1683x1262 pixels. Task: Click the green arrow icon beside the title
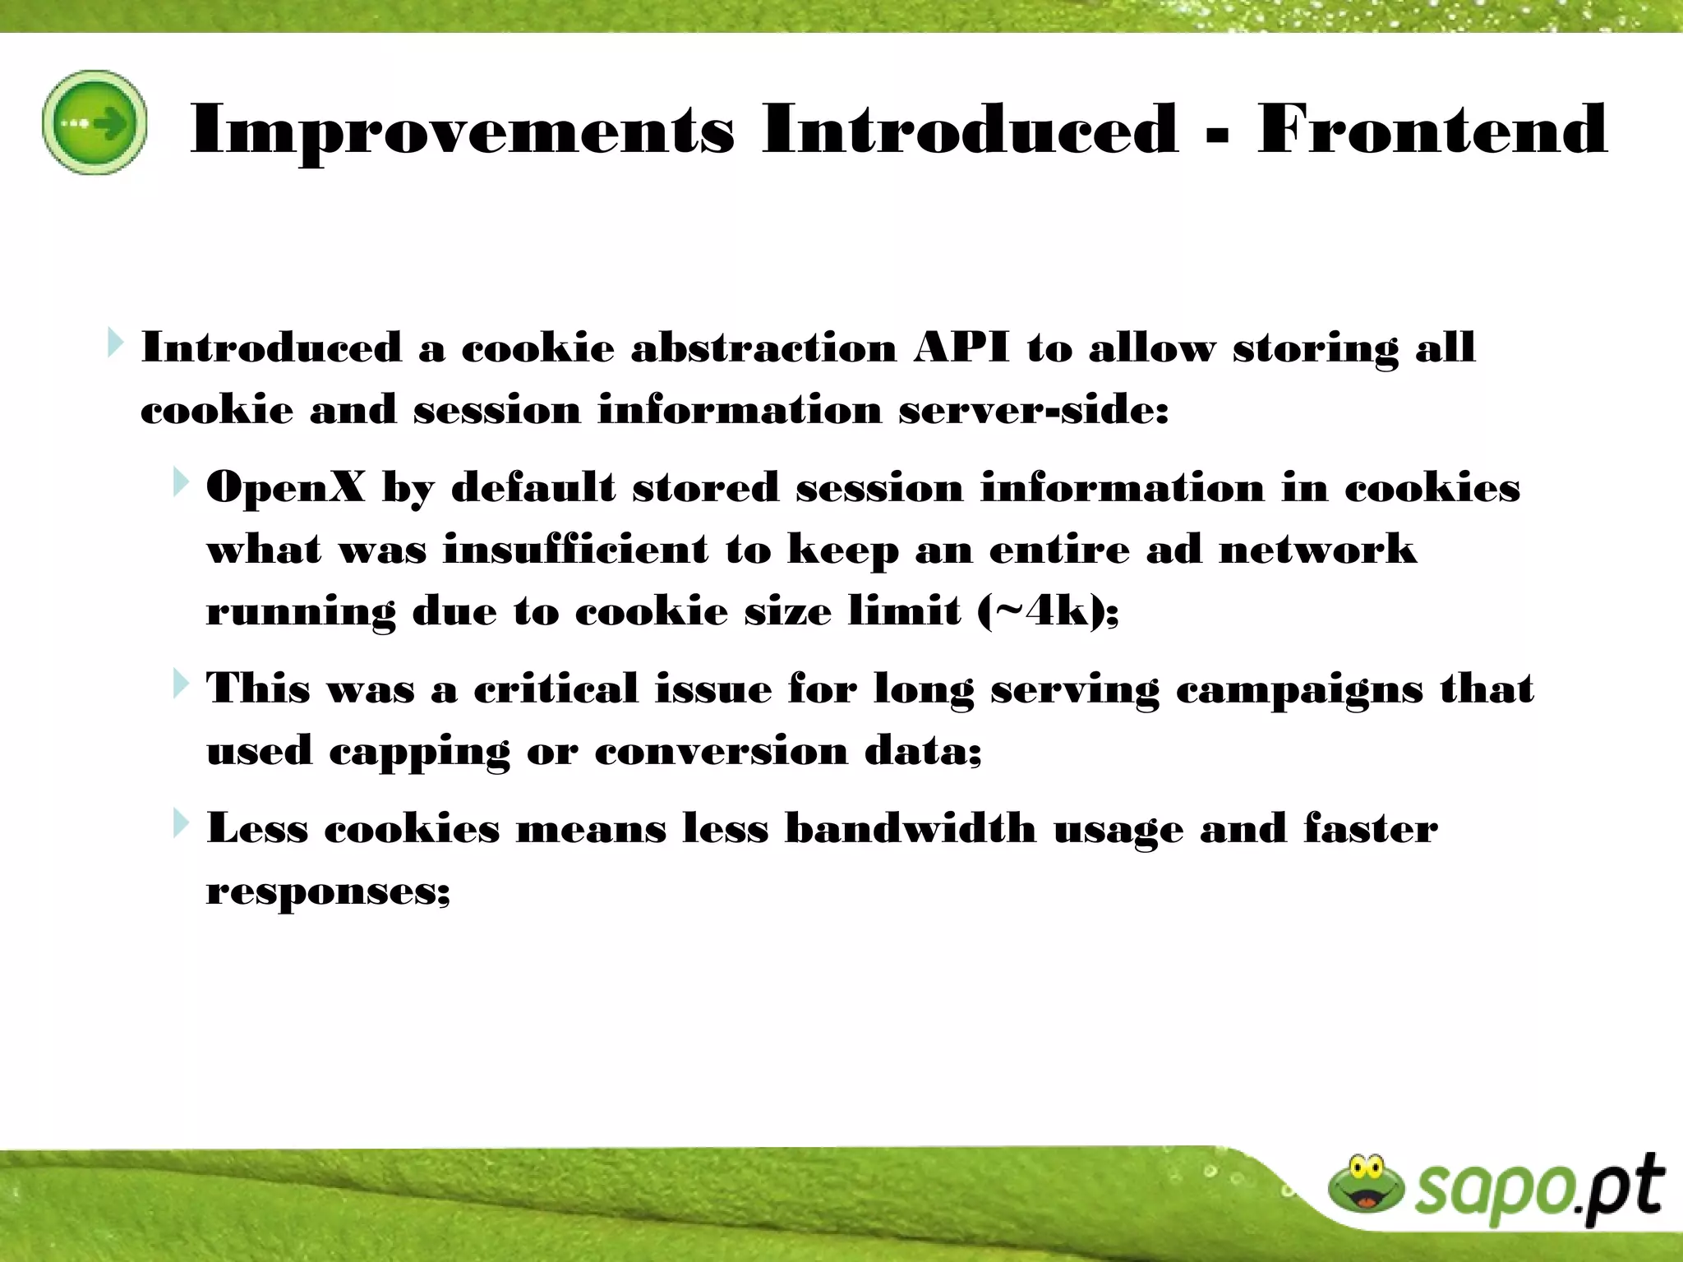click(95, 122)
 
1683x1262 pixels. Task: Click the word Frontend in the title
click(1432, 129)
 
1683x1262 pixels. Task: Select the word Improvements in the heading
click(462, 129)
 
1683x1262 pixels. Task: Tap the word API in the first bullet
click(961, 348)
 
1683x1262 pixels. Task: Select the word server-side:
click(1033, 409)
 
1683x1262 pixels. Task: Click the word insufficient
click(575, 549)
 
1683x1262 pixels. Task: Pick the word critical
click(556, 689)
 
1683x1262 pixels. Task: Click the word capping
click(418, 752)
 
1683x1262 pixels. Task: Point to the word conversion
click(721, 750)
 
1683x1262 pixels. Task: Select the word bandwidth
click(911, 828)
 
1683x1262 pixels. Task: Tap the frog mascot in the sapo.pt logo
click(1365, 1184)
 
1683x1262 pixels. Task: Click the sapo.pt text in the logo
click(1537, 1189)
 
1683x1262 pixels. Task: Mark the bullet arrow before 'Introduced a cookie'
click(115, 343)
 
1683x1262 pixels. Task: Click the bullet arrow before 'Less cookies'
click(181, 823)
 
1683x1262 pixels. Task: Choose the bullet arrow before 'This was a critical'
click(181, 684)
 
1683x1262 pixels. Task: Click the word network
click(1317, 549)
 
